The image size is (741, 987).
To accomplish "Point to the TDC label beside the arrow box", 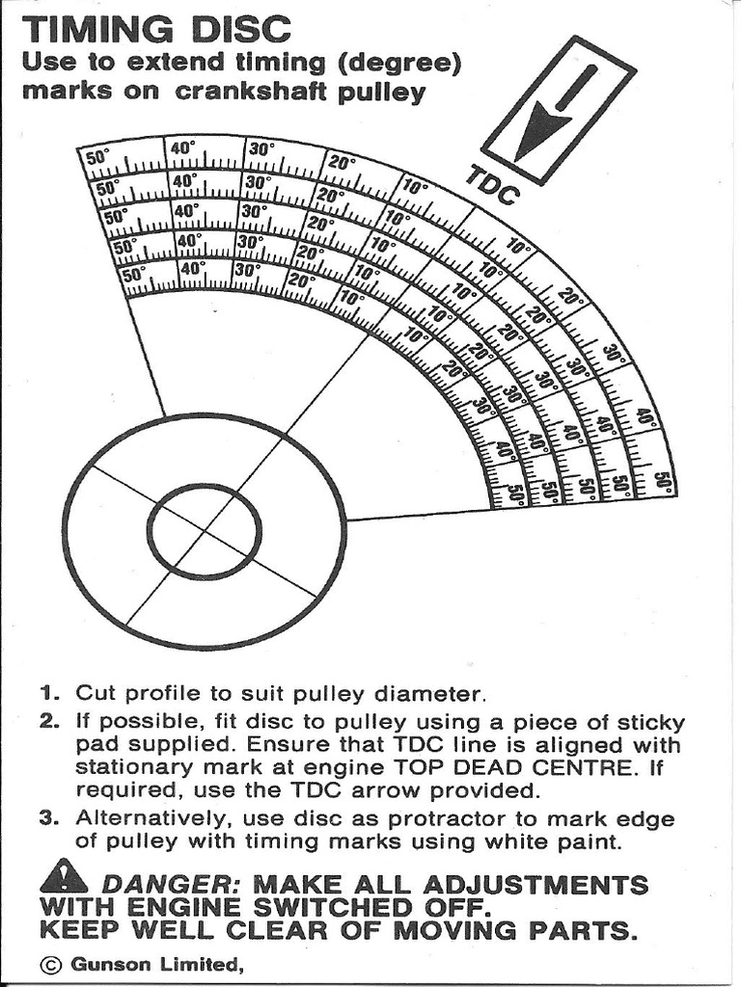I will [x=493, y=185].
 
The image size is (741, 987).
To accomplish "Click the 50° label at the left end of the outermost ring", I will [x=98, y=157].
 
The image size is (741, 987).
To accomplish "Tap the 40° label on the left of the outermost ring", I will [x=182, y=147].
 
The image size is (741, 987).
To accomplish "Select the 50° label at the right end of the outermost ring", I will [x=662, y=481].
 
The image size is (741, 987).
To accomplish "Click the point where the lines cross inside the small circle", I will [x=204, y=532].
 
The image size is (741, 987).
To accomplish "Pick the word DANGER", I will [x=163, y=885].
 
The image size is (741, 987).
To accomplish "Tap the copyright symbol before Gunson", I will [x=51, y=964].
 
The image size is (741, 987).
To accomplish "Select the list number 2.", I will [x=50, y=723].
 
